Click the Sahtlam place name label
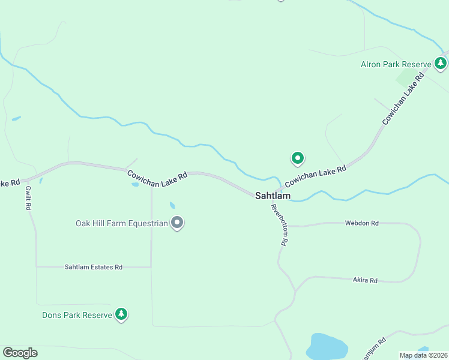click(273, 196)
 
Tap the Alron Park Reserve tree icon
click(441, 63)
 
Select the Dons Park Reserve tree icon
click(121, 314)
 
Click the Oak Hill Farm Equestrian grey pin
click(177, 223)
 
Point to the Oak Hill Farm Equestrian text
click(121, 224)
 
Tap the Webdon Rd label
click(361, 223)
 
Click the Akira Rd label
click(365, 280)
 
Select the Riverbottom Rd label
click(280, 226)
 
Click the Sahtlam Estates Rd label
click(94, 267)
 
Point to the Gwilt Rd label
click(28, 197)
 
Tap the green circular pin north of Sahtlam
click(297, 158)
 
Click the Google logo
click(20, 353)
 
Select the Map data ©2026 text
click(424, 355)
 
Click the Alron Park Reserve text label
click(396, 64)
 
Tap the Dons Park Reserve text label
click(77, 315)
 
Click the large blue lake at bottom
click(327, 347)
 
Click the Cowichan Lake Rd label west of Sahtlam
click(157, 179)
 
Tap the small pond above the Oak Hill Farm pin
click(172, 205)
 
